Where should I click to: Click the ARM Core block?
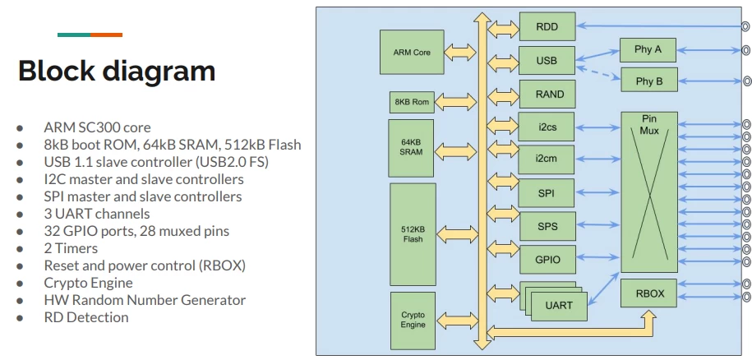pos(413,52)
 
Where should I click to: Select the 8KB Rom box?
pos(412,102)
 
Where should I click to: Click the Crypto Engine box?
pos(413,319)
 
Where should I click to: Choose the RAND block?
pos(549,95)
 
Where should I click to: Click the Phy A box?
pos(648,49)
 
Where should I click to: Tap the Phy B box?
pos(648,81)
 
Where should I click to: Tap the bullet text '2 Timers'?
pos(71,248)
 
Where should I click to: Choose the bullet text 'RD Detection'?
pos(86,317)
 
